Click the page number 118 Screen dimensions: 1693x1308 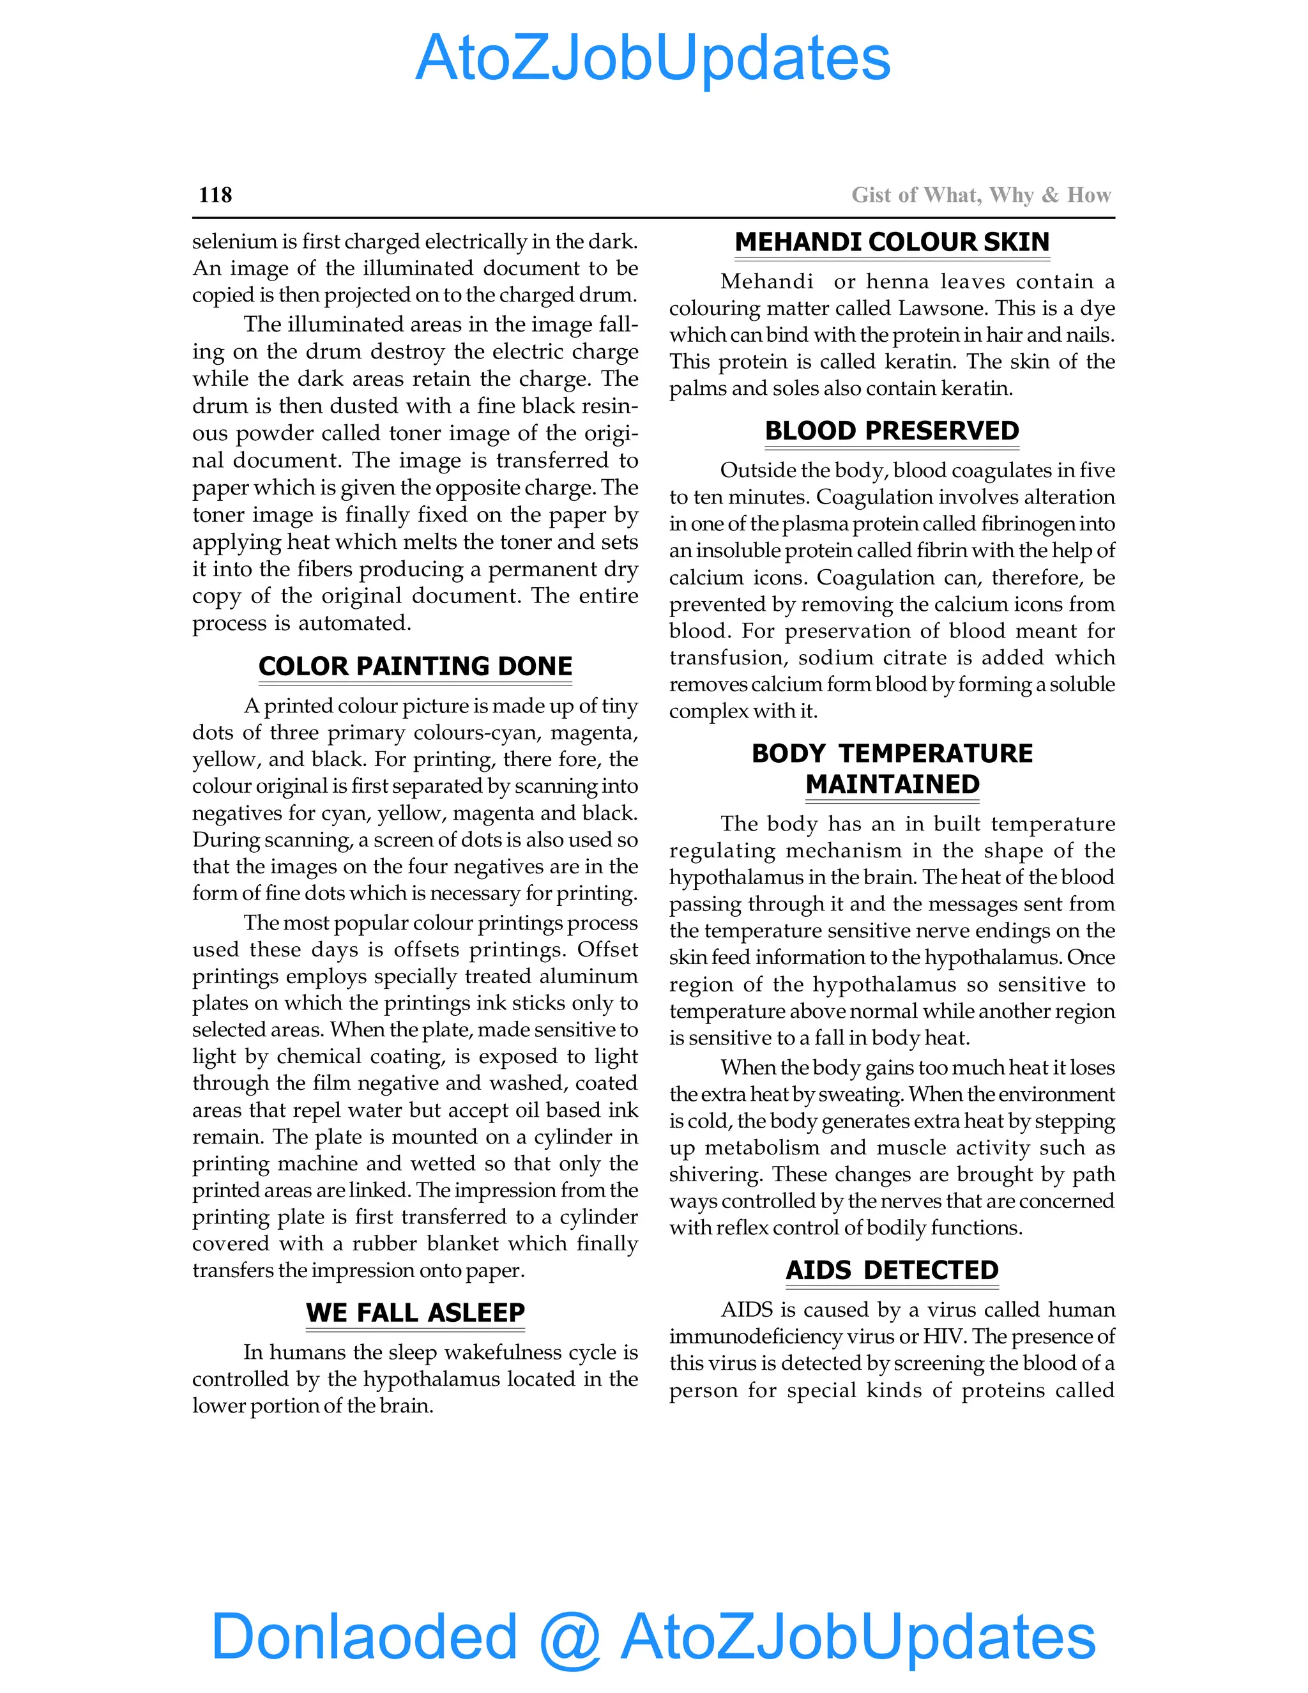point(215,195)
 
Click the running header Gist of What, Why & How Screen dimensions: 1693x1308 point(981,195)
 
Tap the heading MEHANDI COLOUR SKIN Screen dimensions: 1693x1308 point(892,242)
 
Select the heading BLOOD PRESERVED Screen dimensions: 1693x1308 point(892,431)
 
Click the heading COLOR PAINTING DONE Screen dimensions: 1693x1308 point(415,666)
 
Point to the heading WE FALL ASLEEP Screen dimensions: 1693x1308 point(415,1312)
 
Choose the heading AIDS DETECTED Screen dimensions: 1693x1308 point(892,1270)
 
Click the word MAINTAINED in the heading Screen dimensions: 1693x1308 point(892,785)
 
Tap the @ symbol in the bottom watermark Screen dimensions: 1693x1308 point(570,1637)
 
